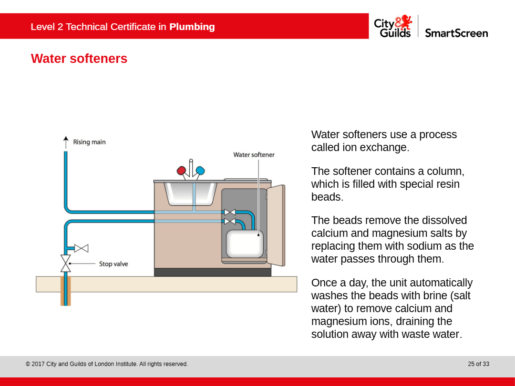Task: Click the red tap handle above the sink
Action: [181, 171]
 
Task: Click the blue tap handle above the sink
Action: [200, 170]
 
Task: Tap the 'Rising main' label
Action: [89, 142]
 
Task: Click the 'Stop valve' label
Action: [113, 264]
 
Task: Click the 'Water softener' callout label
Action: [254, 155]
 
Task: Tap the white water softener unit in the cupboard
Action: [245, 243]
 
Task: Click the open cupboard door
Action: [276, 225]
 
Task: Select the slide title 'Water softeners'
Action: [79, 59]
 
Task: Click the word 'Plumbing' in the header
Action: [192, 27]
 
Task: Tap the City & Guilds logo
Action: [392, 26]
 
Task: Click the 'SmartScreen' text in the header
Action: [456, 33]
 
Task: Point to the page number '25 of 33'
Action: [478, 364]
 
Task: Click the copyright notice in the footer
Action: [107, 364]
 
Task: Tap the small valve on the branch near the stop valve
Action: [82, 248]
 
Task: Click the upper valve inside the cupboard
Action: [230, 213]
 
